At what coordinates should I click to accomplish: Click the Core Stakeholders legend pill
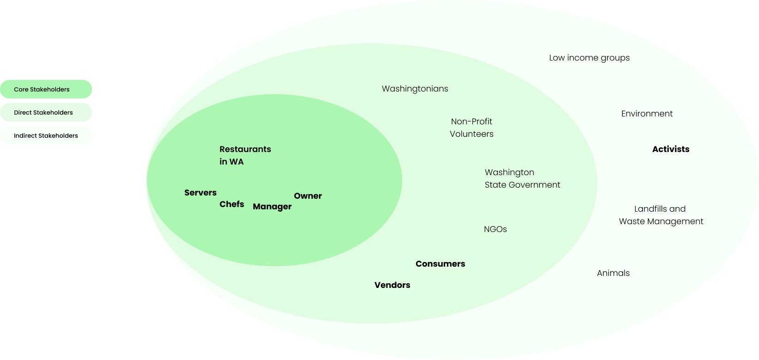pos(46,89)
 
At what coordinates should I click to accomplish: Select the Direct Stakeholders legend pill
pos(46,112)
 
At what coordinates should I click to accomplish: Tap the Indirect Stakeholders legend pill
pos(46,135)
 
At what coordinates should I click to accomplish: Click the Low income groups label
pos(589,58)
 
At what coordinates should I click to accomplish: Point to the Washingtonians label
pos(415,89)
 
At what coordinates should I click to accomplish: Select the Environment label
pos(647,114)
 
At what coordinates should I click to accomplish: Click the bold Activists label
pos(670,149)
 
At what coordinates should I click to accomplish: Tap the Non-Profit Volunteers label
pos(471,128)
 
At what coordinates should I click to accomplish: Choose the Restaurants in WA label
pos(245,155)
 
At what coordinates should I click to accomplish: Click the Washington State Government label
pos(522,178)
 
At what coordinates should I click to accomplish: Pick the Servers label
pos(200,193)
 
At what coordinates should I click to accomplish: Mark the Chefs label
pos(232,204)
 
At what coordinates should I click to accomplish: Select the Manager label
pos(272,207)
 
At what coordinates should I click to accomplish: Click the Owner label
pos(308,196)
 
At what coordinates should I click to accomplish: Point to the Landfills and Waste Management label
pos(661,215)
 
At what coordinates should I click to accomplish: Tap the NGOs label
pos(495,229)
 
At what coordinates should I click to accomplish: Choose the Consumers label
pos(440,264)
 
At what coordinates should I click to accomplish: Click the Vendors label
pos(392,285)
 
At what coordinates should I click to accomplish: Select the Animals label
pos(613,273)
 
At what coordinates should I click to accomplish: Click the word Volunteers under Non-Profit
pos(471,134)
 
